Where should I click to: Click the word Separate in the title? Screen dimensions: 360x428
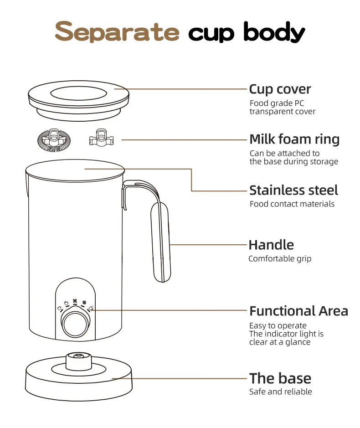pos(117,31)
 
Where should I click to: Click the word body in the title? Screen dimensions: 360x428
pos(274,32)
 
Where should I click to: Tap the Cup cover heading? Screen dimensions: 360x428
pos(280,89)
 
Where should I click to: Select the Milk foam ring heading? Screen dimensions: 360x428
pos(294,139)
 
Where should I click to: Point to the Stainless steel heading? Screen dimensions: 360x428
pos(293,190)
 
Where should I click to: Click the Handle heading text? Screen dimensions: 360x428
pos(271,245)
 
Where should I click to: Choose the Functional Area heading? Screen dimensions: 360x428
pos(298,311)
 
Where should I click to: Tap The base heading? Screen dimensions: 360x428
pos(280,378)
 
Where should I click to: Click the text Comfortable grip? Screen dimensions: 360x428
pos(280,259)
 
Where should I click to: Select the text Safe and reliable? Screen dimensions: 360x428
pos(281,392)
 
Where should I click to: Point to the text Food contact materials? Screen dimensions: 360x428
pos(292,204)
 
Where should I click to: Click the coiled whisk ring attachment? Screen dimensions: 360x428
pos(54,140)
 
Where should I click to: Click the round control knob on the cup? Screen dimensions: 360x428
pos(75,324)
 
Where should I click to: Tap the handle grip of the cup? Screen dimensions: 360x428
pos(161,242)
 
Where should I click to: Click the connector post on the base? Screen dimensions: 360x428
pos(78,361)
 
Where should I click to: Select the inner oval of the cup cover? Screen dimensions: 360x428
pos(78,93)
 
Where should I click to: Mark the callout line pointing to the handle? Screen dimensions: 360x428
pos(208,245)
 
